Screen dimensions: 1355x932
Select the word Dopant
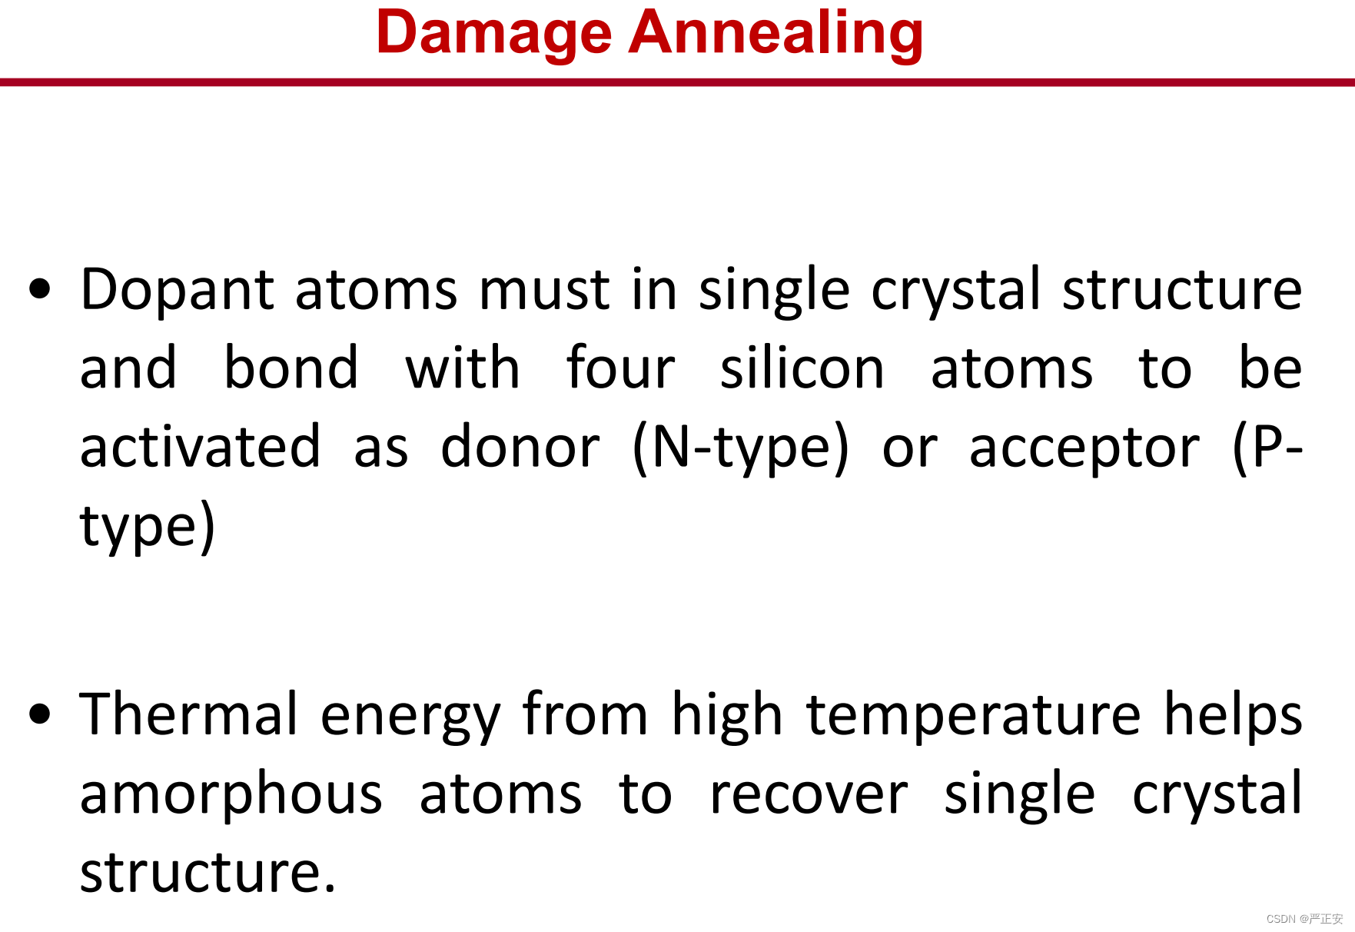[x=178, y=291]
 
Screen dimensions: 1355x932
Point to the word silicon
[x=802, y=368]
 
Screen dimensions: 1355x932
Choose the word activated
[x=201, y=447]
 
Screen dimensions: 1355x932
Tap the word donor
[x=520, y=447]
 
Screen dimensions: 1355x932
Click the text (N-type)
[x=741, y=449]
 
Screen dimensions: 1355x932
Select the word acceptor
[x=1084, y=451]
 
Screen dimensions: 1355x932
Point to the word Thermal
[x=189, y=714]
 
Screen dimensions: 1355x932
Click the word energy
[x=410, y=718]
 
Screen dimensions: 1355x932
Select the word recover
[x=809, y=796]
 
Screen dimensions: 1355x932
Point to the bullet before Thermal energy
[x=40, y=714]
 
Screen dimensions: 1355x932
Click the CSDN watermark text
[x=1304, y=919]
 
